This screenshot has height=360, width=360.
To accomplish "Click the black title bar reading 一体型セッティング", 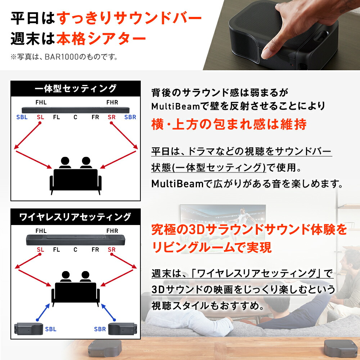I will coord(76,89).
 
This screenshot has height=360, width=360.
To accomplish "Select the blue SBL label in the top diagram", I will coord(22,117).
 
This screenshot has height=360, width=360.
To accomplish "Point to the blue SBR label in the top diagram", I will coord(130,117).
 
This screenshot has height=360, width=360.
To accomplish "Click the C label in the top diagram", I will coord(76,117).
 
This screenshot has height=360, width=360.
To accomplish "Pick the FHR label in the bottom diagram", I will coord(112,231).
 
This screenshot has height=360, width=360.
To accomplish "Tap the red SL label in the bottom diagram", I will coord(40,249).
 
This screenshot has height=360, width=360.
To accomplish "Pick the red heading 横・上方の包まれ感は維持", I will coord(229,124).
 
